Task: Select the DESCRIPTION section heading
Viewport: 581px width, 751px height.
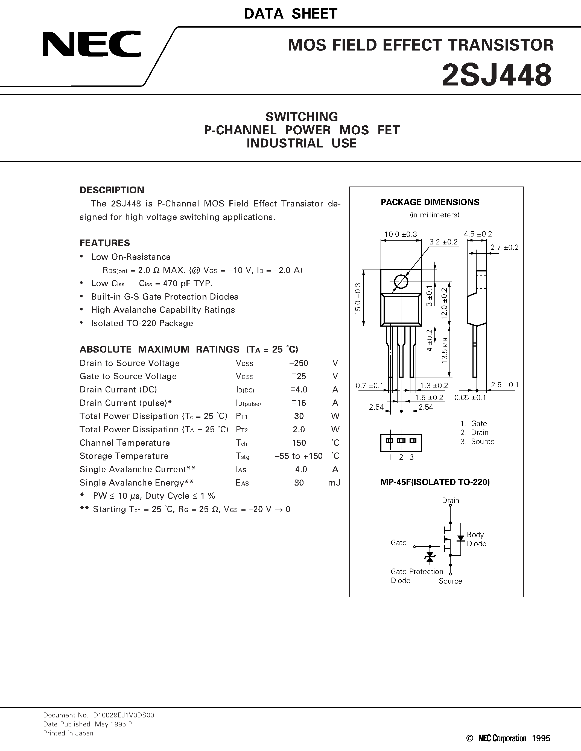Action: click(112, 190)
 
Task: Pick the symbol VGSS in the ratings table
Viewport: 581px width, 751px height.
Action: click(244, 377)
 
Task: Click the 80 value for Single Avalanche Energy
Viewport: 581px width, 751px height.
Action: click(299, 483)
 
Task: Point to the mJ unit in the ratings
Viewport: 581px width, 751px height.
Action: click(334, 483)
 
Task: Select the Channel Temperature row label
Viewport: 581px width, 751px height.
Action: click(125, 443)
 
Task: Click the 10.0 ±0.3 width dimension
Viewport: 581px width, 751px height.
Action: click(400, 234)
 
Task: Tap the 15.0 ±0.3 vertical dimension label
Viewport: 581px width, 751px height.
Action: click(358, 298)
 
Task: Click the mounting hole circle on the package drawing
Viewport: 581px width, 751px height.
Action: click(401, 282)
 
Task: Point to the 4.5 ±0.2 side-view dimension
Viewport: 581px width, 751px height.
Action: click(478, 234)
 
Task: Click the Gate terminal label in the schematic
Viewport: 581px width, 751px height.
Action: click(398, 543)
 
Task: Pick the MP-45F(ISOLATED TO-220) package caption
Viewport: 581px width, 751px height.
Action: click(435, 482)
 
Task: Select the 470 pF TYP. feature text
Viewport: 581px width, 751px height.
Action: click(176, 283)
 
